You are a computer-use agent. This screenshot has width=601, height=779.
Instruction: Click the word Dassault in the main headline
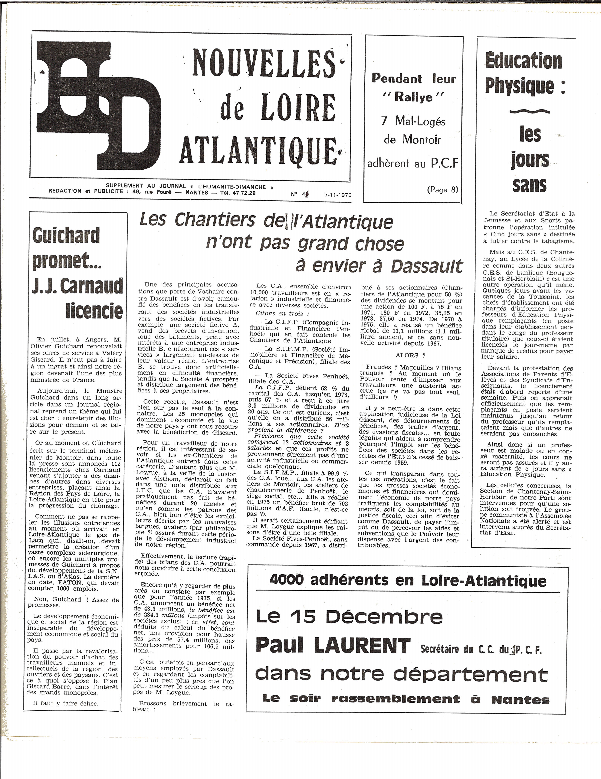tap(426, 266)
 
